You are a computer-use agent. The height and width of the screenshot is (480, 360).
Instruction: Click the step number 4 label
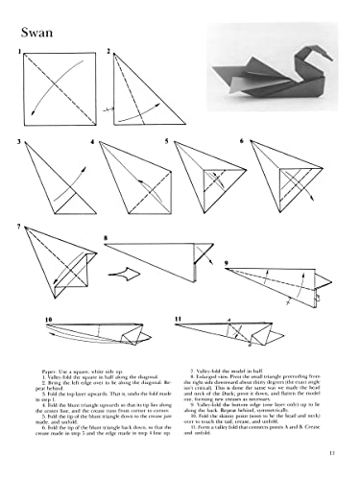click(x=93, y=142)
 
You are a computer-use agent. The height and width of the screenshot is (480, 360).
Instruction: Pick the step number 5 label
click(x=165, y=142)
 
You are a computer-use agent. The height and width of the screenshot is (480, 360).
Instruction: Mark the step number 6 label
click(x=241, y=142)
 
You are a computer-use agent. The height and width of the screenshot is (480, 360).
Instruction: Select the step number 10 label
click(x=47, y=318)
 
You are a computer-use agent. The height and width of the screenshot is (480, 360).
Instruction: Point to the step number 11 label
click(x=179, y=318)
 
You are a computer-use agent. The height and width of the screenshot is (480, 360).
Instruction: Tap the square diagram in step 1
click(x=55, y=90)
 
